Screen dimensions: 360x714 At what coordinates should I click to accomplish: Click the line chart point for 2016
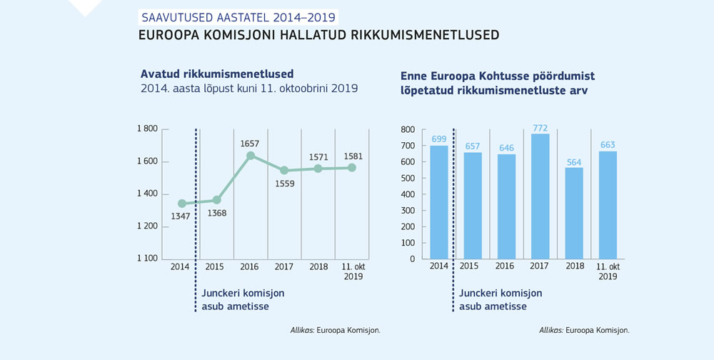[250, 155]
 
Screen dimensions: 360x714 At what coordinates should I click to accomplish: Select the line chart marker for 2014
[182, 204]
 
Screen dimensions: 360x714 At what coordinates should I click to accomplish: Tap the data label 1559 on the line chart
[283, 184]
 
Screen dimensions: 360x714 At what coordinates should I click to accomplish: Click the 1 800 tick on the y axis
[147, 129]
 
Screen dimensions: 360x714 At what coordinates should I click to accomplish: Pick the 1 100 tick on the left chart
[147, 259]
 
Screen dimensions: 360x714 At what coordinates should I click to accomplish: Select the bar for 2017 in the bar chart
[540, 196]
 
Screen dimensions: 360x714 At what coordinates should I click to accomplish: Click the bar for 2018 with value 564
[574, 213]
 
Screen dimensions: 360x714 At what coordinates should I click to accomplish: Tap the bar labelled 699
[438, 201]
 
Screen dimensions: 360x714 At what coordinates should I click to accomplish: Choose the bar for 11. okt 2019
[608, 205]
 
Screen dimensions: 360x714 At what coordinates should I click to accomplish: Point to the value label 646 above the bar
[506, 147]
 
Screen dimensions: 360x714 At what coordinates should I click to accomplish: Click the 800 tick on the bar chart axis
[408, 129]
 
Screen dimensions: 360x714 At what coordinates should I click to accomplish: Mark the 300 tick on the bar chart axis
[408, 210]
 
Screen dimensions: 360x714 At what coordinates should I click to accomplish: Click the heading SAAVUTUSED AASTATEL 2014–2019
[236, 17]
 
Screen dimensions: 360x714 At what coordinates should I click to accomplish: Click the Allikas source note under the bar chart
[584, 330]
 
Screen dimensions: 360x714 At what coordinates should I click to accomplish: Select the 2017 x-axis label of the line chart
[283, 266]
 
